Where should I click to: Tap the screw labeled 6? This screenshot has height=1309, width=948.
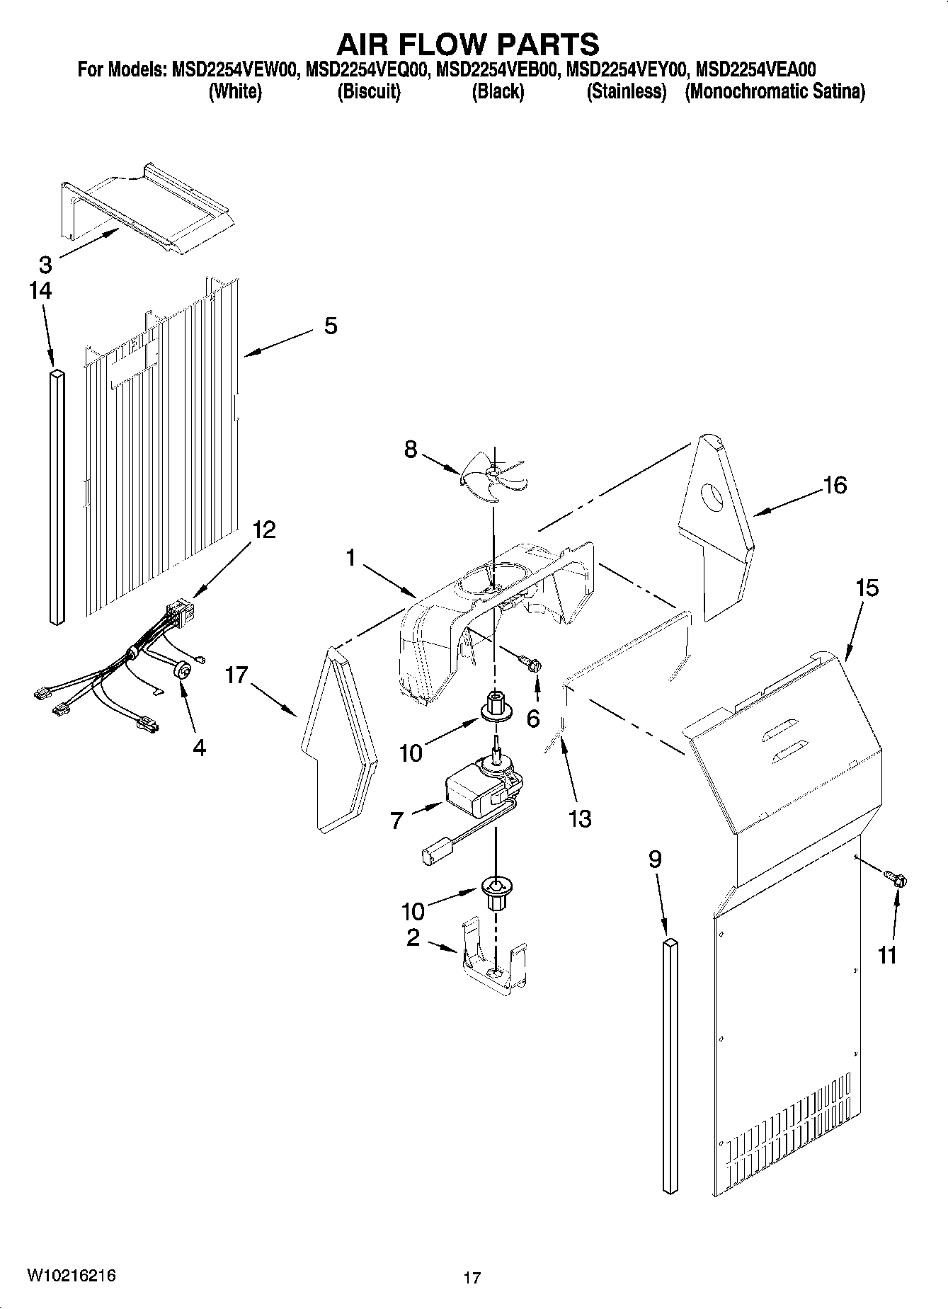pos(532,664)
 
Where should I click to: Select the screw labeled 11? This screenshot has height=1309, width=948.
pos(898,880)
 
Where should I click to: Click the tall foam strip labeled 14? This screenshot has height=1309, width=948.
pos(57,496)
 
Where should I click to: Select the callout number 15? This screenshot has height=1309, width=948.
pos(867,588)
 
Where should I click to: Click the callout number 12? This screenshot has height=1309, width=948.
pos(264,530)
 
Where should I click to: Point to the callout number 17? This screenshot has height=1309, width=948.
pos(236,675)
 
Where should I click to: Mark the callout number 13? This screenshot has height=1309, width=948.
pos(579,818)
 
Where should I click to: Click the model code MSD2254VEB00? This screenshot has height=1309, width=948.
pos(499,69)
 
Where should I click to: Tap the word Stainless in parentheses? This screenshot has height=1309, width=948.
pos(627,91)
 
